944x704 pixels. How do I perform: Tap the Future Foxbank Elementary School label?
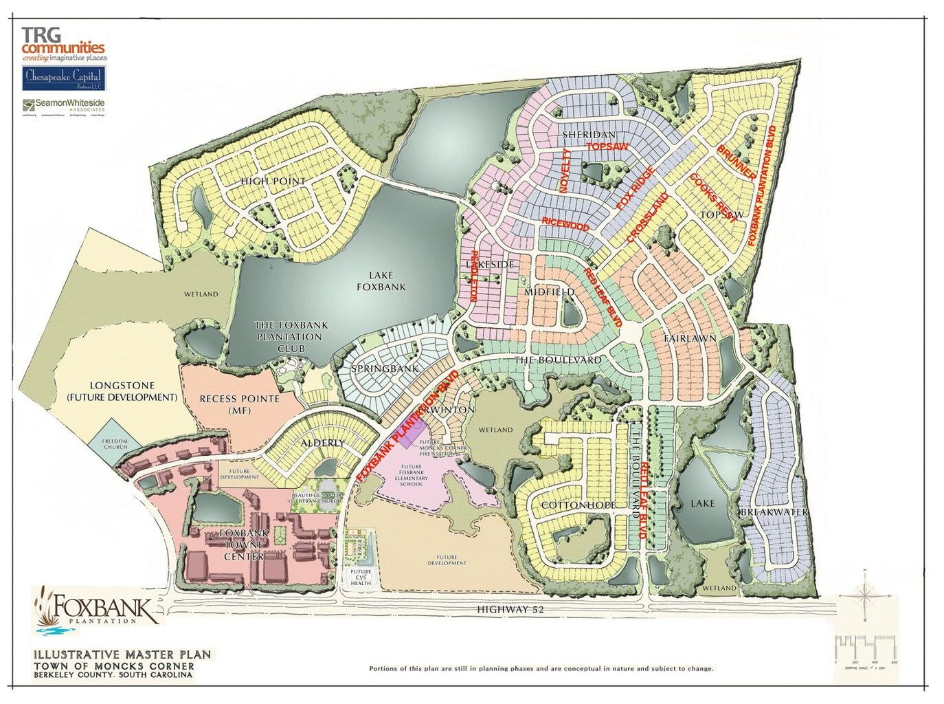pyautogui.click(x=419, y=475)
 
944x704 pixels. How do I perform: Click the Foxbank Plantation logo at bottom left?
pyautogui.click(x=96, y=607)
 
